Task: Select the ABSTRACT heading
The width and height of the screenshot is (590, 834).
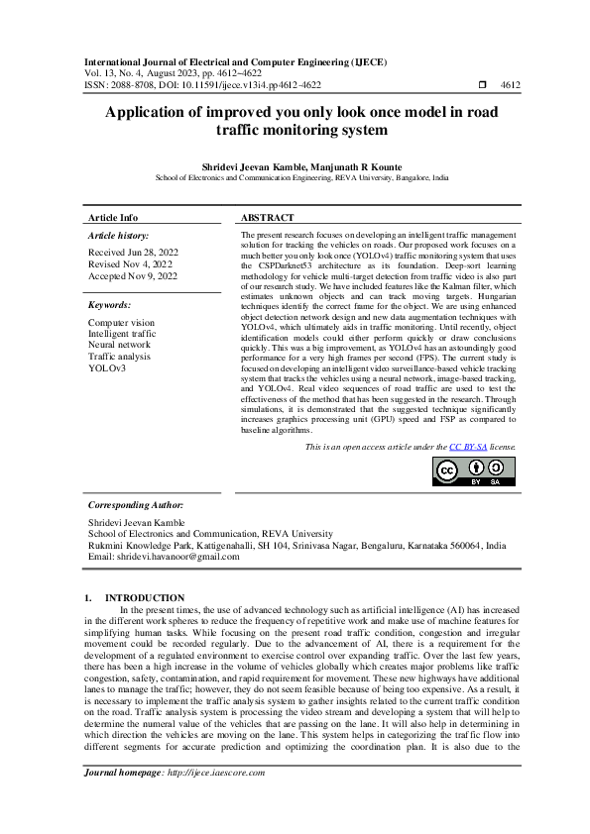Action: [x=268, y=217]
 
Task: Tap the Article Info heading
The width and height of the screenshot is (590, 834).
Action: [x=113, y=217]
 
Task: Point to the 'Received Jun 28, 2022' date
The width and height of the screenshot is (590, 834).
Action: [x=129, y=253]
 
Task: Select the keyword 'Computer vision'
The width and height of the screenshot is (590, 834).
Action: [x=121, y=323]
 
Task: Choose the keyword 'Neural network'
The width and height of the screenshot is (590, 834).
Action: [x=119, y=346]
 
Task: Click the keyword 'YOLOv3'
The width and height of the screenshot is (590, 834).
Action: [x=107, y=368]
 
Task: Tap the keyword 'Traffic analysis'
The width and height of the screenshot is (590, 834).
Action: [x=119, y=357]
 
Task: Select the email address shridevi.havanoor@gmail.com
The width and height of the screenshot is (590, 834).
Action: [x=177, y=557]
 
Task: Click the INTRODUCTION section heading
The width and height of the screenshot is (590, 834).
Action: [x=145, y=598]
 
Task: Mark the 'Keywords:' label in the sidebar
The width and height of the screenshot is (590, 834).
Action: [x=110, y=305]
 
